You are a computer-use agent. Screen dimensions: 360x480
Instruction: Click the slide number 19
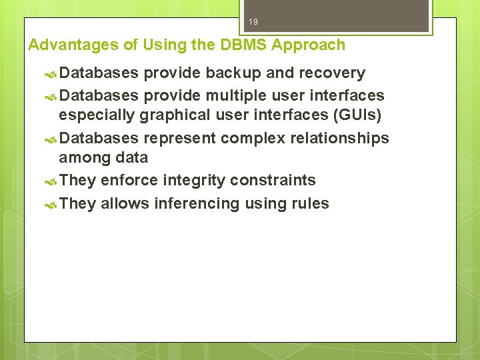click(x=253, y=22)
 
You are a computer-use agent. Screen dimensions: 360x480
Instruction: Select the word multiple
click(x=234, y=95)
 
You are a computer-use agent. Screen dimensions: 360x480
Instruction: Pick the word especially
click(x=97, y=115)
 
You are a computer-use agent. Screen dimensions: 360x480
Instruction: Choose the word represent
click(x=178, y=138)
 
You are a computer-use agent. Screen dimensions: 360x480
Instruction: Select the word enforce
click(x=129, y=181)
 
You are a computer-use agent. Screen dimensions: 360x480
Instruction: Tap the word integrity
click(x=194, y=181)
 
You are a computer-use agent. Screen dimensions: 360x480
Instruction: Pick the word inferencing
click(x=197, y=203)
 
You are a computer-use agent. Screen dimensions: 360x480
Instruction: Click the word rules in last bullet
click(x=311, y=203)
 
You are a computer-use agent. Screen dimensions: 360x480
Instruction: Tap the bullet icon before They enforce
click(x=51, y=181)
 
